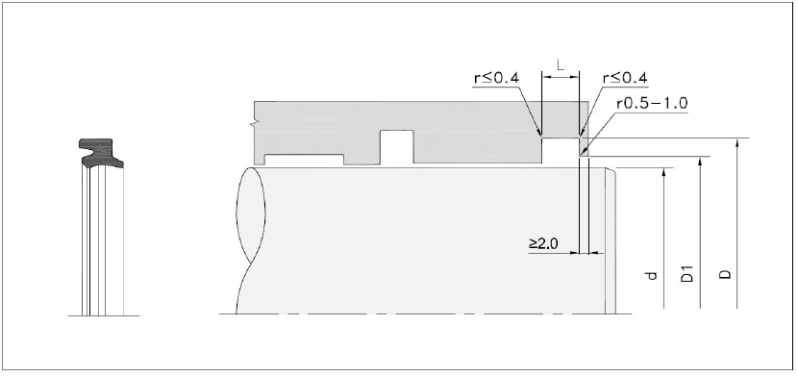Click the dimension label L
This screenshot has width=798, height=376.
tap(561, 65)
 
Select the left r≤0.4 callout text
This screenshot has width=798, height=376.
tap(496, 78)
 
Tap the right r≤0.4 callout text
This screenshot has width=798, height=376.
tap(625, 78)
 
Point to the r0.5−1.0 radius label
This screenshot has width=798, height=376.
tap(653, 103)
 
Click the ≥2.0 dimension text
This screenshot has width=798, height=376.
tap(543, 243)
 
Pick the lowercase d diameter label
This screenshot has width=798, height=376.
tap(652, 276)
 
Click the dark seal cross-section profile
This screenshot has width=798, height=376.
tap(101, 153)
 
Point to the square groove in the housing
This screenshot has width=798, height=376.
tap(396, 147)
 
